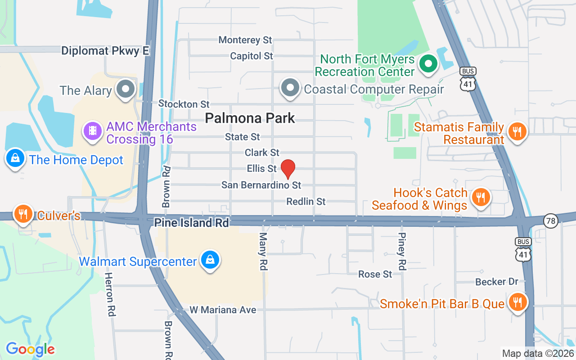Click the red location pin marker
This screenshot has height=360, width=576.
pos(288,169)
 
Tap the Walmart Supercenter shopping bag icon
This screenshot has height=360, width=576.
pos(210,260)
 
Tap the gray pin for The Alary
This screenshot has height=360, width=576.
pos(126,89)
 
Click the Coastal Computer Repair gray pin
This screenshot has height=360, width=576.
pos(290,88)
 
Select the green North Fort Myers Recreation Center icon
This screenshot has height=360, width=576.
pos(428,64)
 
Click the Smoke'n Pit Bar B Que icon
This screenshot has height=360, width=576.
pos(517,302)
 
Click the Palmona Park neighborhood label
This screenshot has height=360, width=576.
pos(250,118)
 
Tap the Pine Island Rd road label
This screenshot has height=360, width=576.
pos(191,223)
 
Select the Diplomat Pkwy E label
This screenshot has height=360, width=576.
pos(105,51)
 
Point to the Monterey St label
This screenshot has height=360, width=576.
pos(245,40)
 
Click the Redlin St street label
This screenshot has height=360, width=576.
pos(306,202)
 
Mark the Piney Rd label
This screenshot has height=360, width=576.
pos(402,252)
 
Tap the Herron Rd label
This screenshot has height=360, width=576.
pos(110,294)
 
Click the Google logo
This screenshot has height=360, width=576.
pos(30,349)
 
